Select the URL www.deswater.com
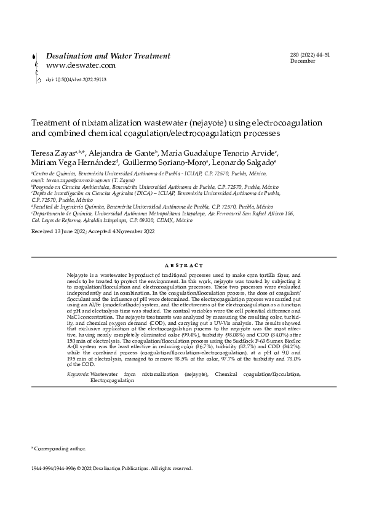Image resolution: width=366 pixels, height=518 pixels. point(81,65)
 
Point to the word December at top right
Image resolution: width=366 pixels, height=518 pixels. point(303,62)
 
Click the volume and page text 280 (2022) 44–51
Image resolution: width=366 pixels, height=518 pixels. point(310,55)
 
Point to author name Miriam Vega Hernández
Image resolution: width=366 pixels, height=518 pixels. point(73,162)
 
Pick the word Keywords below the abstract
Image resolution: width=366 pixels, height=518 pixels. point(77,374)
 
